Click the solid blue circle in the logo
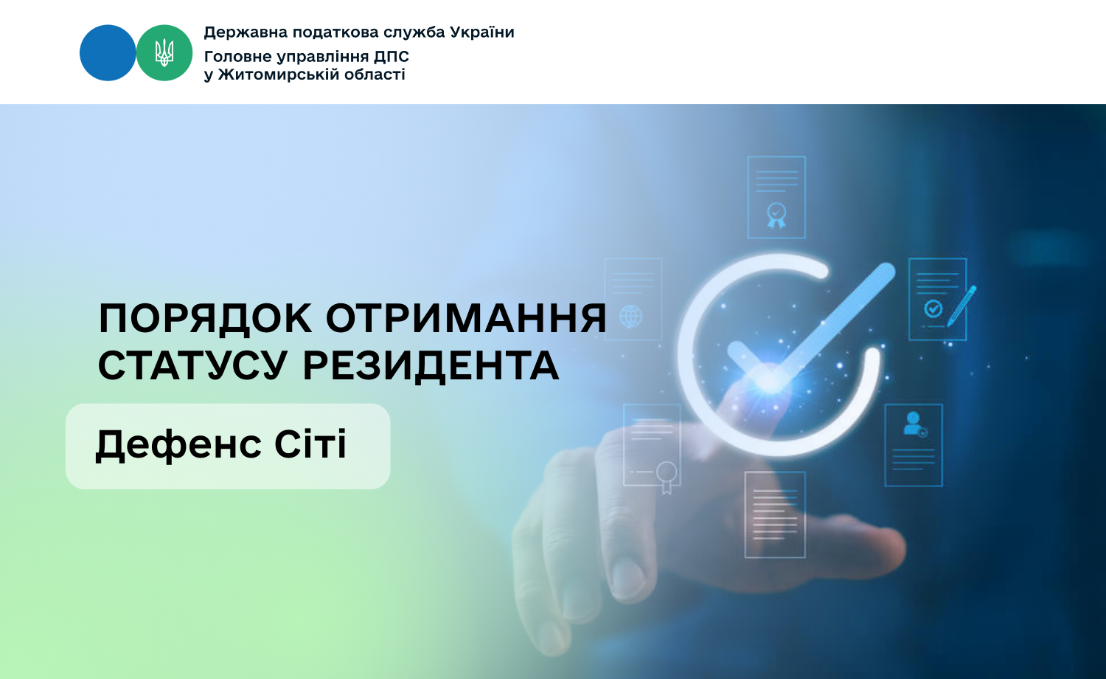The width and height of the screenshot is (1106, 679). click(x=108, y=53)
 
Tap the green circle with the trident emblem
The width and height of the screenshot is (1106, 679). click(x=164, y=53)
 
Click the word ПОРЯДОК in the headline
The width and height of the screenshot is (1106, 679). click(x=206, y=320)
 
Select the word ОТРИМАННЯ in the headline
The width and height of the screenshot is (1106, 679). click(x=466, y=319)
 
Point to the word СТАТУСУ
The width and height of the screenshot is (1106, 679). click(x=192, y=366)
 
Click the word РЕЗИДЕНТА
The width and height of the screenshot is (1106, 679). click(x=431, y=366)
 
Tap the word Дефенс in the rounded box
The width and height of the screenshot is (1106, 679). click(x=178, y=444)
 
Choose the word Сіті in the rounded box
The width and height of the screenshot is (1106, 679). click(x=310, y=444)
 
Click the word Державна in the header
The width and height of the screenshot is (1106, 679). click(x=246, y=32)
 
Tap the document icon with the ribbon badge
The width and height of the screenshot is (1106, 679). click(x=776, y=198)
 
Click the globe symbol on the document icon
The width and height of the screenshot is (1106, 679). click(x=631, y=317)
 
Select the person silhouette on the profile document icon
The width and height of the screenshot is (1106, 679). click(x=913, y=424)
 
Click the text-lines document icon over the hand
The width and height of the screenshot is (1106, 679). click(x=775, y=514)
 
